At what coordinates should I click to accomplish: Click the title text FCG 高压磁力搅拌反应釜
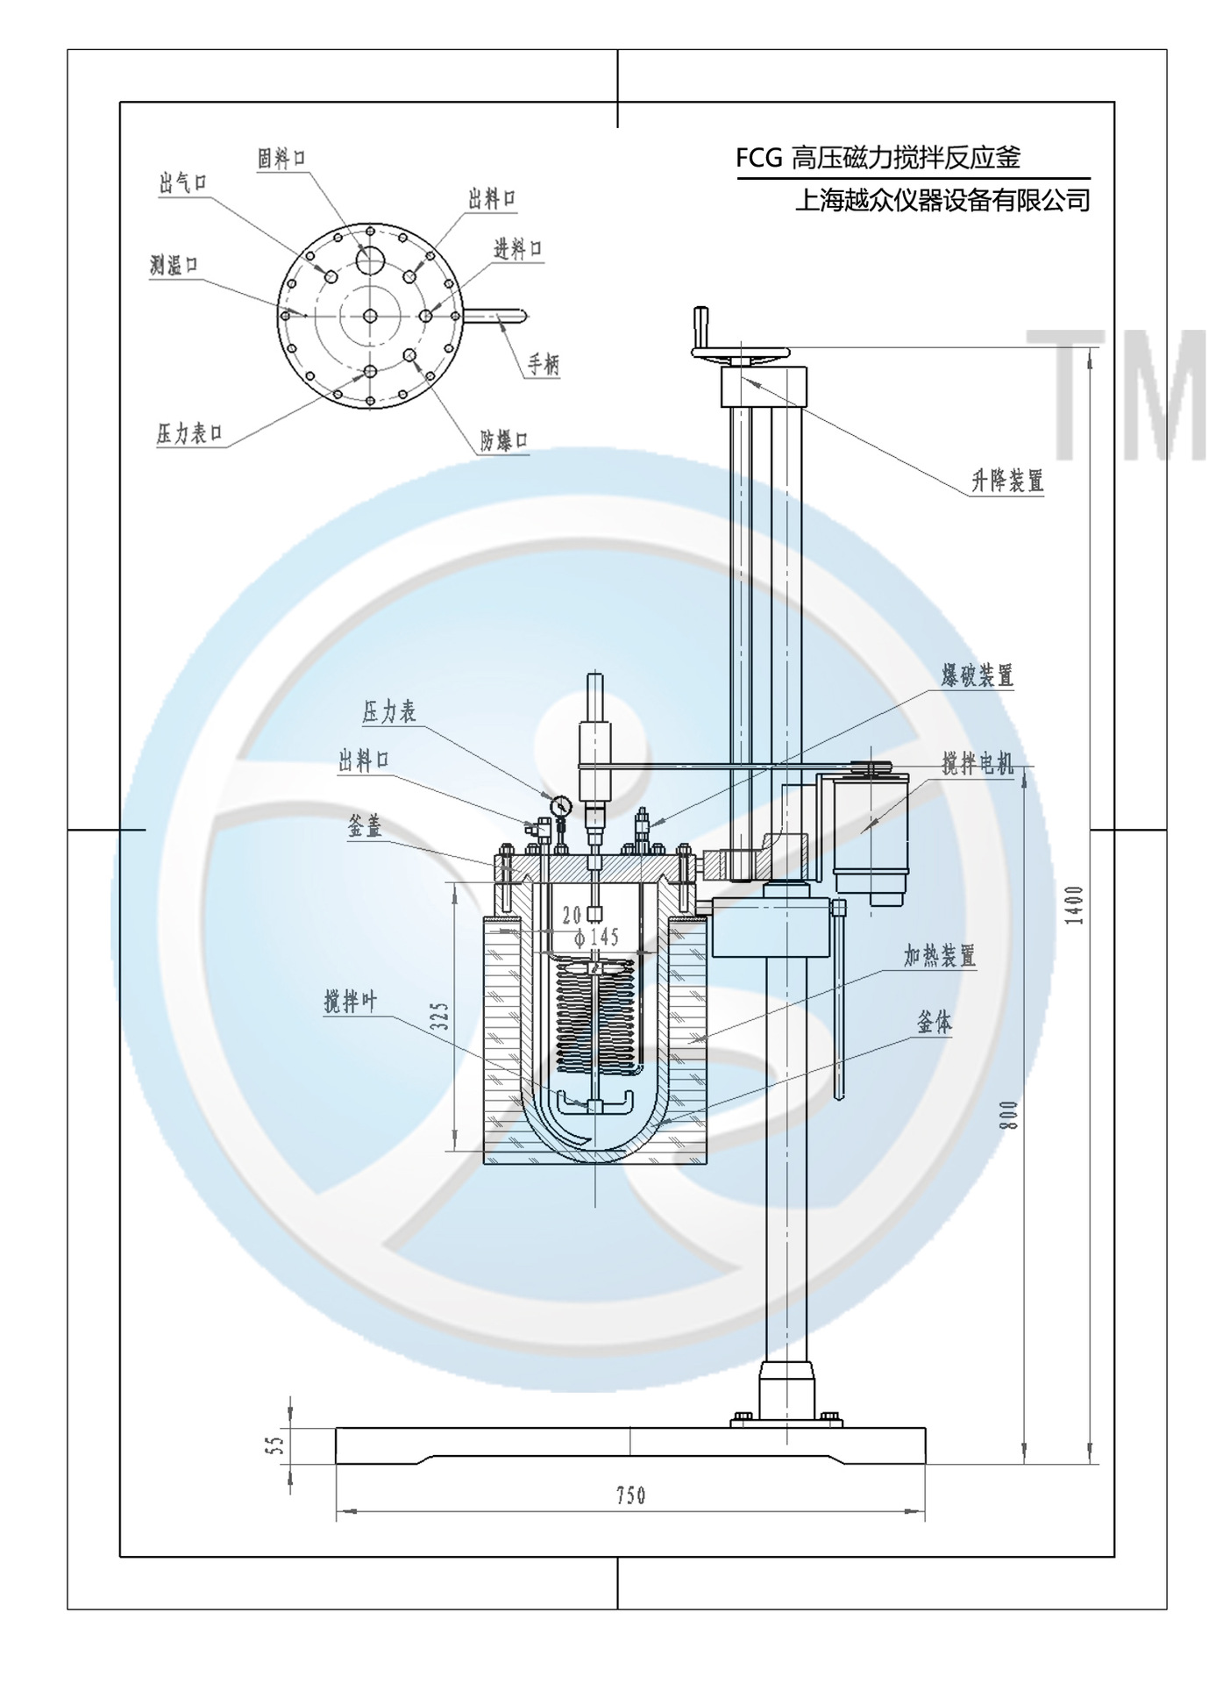click(x=878, y=158)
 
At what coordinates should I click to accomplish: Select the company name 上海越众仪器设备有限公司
click(x=942, y=201)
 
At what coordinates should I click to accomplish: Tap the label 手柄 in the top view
click(x=544, y=364)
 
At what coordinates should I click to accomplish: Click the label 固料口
click(x=281, y=160)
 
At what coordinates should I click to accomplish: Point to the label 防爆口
click(x=504, y=440)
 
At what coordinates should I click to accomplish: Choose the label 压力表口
click(x=189, y=433)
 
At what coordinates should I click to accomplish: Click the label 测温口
click(x=174, y=265)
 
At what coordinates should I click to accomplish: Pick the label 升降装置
click(x=1006, y=481)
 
